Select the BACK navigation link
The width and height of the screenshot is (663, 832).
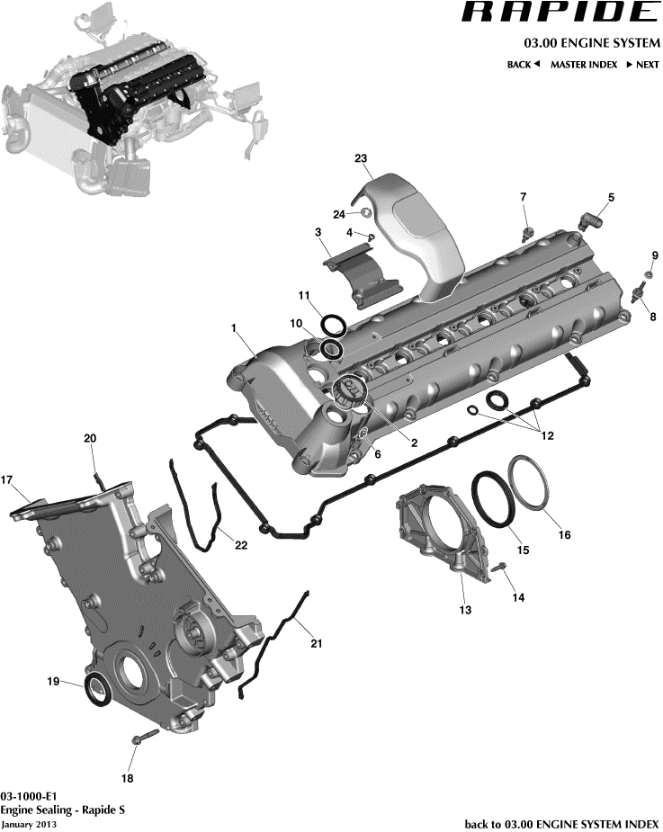point(523,65)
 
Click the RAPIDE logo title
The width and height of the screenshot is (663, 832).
point(560,13)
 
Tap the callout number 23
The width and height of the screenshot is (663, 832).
point(362,158)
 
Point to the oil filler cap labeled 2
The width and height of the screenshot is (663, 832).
point(347,389)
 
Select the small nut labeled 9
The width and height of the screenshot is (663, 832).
point(649,273)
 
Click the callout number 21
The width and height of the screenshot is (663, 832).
point(316,643)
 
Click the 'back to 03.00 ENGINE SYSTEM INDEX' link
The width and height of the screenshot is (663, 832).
point(561,823)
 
